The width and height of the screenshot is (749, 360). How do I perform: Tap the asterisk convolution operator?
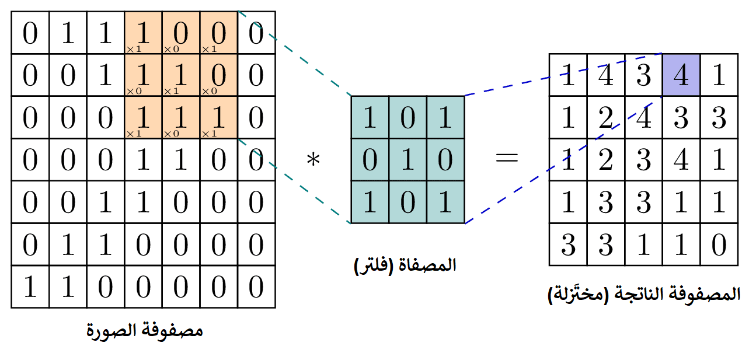[x=314, y=159]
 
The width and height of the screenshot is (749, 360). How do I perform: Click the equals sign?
[x=506, y=158]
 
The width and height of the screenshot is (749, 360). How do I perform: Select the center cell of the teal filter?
[x=407, y=159]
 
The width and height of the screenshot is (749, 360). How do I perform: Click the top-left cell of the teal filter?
[x=370, y=117]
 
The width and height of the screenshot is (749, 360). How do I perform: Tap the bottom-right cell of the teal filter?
[x=445, y=201]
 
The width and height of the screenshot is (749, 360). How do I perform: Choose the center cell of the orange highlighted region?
[x=180, y=76]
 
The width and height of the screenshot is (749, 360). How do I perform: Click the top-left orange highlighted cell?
[x=143, y=34]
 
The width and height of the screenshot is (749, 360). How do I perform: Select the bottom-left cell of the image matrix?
[x=30, y=287]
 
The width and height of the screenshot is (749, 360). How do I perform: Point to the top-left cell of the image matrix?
[x=30, y=34]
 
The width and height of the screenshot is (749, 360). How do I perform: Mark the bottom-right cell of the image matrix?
[x=256, y=287]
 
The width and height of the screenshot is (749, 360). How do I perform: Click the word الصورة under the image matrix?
[x=112, y=331]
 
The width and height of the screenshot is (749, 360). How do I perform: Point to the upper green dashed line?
[x=295, y=53]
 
